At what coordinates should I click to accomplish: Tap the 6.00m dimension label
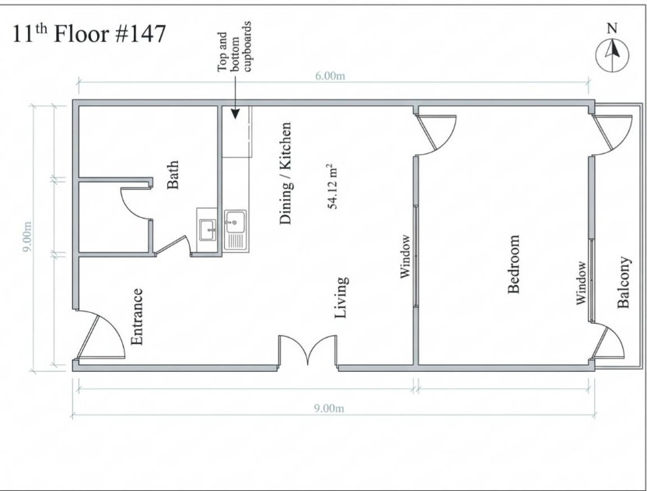[x=330, y=76]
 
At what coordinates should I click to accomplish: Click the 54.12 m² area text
[x=332, y=186]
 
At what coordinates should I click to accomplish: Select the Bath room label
[x=173, y=174]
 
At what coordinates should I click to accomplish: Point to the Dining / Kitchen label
[x=285, y=173]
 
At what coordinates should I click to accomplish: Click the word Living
[x=341, y=298]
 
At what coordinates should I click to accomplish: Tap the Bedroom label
[x=513, y=265]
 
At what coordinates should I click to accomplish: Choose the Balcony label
[x=624, y=282]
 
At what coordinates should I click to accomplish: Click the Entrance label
[x=137, y=317]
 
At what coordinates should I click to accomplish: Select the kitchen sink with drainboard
[x=236, y=230]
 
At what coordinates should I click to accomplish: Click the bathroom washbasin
[x=207, y=230]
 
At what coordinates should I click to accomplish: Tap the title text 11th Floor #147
[x=89, y=34]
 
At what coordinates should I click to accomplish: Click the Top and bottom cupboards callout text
[x=234, y=47]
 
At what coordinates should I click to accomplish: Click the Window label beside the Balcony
[x=581, y=283]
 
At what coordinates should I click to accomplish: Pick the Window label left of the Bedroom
[x=406, y=257]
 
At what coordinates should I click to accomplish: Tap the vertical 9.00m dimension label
[x=27, y=237]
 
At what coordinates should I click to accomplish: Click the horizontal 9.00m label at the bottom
[x=329, y=409]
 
